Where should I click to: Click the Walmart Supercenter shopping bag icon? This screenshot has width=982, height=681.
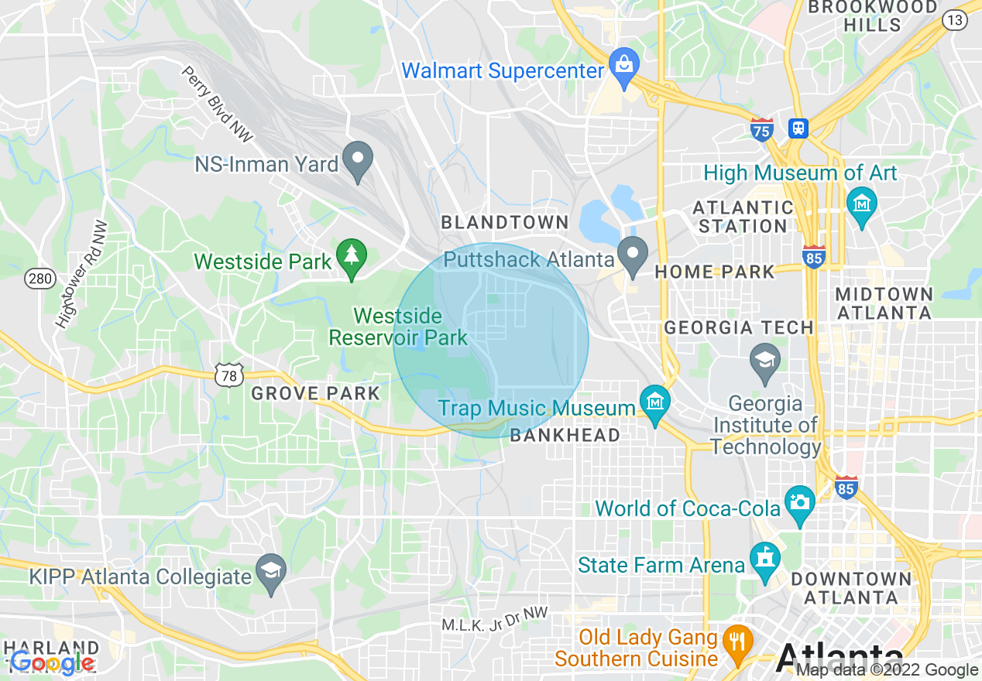(x=623, y=63)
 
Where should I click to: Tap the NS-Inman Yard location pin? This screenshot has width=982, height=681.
(x=358, y=159)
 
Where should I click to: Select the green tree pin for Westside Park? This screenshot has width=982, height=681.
(x=352, y=255)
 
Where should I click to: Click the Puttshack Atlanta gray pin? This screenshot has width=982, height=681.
(x=633, y=254)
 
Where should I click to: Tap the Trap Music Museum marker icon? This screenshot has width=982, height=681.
(x=655, y=402)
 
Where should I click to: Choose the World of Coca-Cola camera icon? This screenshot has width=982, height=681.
(x=799, y=501)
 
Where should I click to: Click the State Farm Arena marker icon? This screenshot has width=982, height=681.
(x=765, y=559)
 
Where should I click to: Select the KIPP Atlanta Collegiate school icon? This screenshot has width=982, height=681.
(x=271, y=571)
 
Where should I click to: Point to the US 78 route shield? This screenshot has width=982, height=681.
(x=229, y=375)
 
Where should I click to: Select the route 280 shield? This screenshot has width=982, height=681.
(x=39, y=278)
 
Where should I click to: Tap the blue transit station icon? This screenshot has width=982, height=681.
(x=798, y=128)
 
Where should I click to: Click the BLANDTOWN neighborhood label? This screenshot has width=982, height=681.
(x=505, y=223)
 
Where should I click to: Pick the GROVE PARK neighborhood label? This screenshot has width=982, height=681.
(x=316, y=394)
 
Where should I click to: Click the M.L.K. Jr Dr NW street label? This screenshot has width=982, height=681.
(x=494, y=619)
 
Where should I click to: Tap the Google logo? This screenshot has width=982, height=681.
(x=53, y=662)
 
